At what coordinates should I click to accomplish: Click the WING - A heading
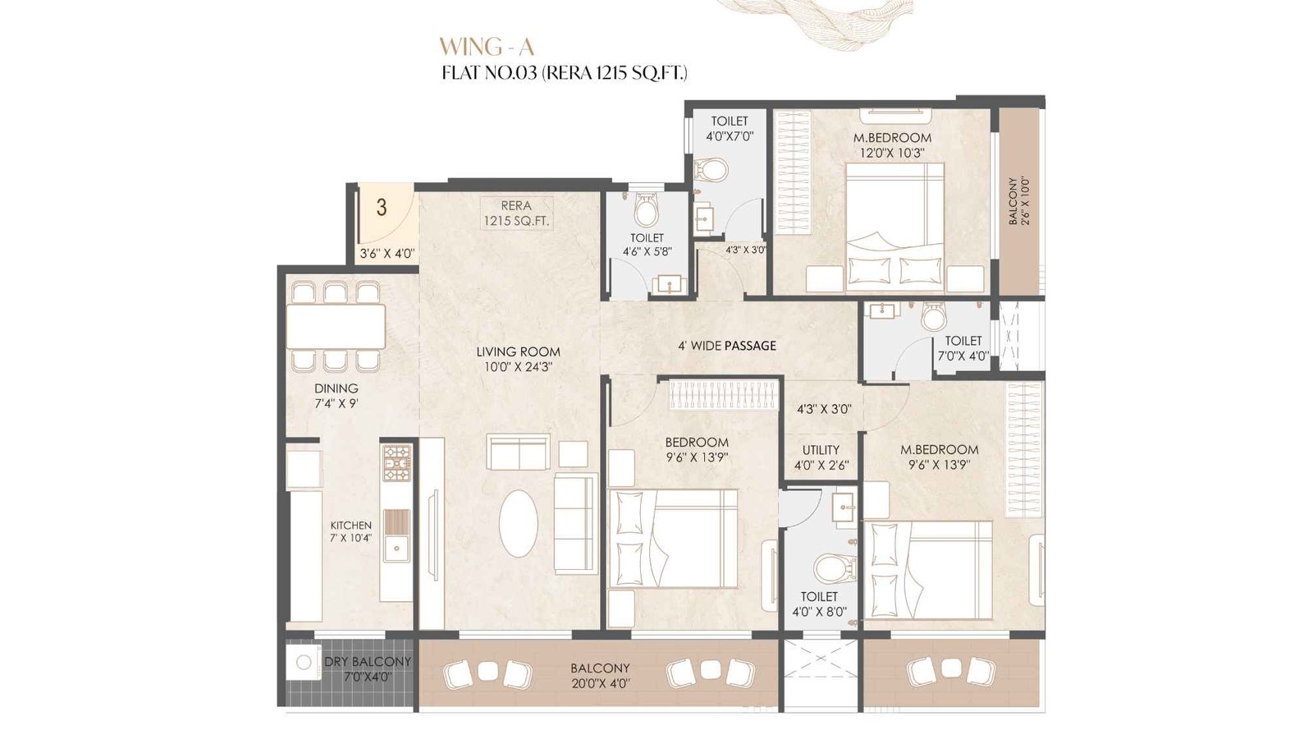coord(486,46)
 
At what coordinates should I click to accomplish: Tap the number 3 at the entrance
coord(382,207)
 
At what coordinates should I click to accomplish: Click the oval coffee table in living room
coord(519,523)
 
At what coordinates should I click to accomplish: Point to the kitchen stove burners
coord(397,463)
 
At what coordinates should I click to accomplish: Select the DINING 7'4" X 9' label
coord(336,396)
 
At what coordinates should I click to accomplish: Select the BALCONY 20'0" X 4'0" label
coord(600,676)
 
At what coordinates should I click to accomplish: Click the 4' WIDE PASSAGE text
coord(726,346)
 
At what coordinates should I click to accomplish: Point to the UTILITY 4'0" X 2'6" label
coord(821,457)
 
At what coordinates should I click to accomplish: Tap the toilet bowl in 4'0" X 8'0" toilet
coord(834,567)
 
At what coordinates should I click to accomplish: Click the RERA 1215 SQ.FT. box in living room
coord(516,213)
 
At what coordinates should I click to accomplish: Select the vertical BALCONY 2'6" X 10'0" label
coord(1018,201)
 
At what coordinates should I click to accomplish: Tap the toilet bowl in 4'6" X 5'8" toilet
coord(647,212)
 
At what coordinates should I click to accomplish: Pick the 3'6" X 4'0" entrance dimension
coord(387,254)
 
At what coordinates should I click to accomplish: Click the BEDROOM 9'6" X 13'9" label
coord(697,450)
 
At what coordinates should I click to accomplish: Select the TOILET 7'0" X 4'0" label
coord(963,348)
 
